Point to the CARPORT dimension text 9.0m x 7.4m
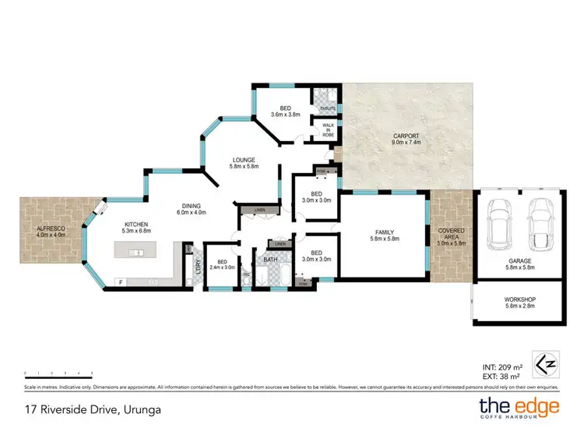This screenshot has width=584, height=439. (406, 143)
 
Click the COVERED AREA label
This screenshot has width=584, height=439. (452, 231)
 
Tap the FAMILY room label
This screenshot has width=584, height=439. (382, 232)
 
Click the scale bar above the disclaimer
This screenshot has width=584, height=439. (58, 374)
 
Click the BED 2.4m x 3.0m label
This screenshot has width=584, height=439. (223, 264)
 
